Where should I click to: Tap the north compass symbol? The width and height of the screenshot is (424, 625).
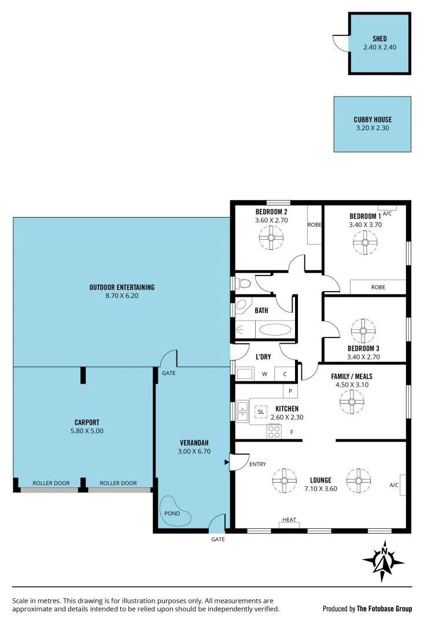(x=383, y=561)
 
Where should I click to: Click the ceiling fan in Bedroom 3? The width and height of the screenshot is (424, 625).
(x=364, y=330)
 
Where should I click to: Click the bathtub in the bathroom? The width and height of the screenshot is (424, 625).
(x=274, y=330)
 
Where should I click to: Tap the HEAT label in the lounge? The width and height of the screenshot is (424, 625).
(x=289, y=520)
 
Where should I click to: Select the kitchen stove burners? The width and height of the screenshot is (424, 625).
(x=274, y=431)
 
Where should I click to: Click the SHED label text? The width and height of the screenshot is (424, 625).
(x=379, y=39)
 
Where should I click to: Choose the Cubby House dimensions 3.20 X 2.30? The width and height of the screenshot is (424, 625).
(x=373, y=128)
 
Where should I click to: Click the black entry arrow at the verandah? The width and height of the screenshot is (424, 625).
(x=227, y=462)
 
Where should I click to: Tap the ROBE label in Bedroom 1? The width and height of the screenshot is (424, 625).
(x=378, y=287)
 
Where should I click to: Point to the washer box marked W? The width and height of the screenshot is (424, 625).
(x=264, y=374)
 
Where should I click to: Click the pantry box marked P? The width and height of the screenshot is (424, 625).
(x=289, y=392)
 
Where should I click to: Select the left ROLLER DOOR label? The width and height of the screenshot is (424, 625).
(x=51, y=483)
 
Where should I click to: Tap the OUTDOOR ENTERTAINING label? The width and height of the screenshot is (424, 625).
(x=122, y=287)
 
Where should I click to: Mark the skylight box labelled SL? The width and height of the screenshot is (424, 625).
(x=261, y=411)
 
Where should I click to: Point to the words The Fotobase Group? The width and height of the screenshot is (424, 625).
(x=384, y=608)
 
